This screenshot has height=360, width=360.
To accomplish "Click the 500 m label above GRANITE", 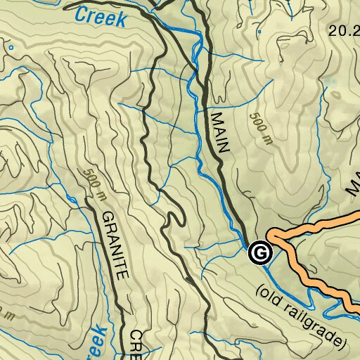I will tap(90, 184).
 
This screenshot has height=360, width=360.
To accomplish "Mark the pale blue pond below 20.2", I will tap(329, 88).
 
